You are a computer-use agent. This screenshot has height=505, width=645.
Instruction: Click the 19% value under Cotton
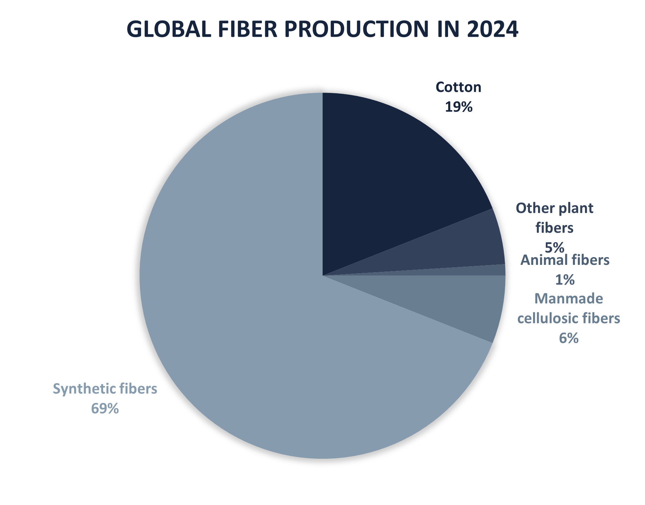[x=459, y=107]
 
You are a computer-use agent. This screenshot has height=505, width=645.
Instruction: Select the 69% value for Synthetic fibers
[x=105, y=409]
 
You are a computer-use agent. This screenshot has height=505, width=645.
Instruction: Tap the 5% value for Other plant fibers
[x=555, y=247]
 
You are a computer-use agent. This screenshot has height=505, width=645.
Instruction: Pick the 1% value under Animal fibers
[x=565, y=280]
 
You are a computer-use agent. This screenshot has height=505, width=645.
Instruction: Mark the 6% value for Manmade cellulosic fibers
[x=569, y=338]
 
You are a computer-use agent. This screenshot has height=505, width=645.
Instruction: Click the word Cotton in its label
[x=459, y=87]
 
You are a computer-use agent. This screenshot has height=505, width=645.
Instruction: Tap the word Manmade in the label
[x=569, y=299]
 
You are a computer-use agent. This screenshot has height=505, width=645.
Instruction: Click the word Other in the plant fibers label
[x=533, y=208]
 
